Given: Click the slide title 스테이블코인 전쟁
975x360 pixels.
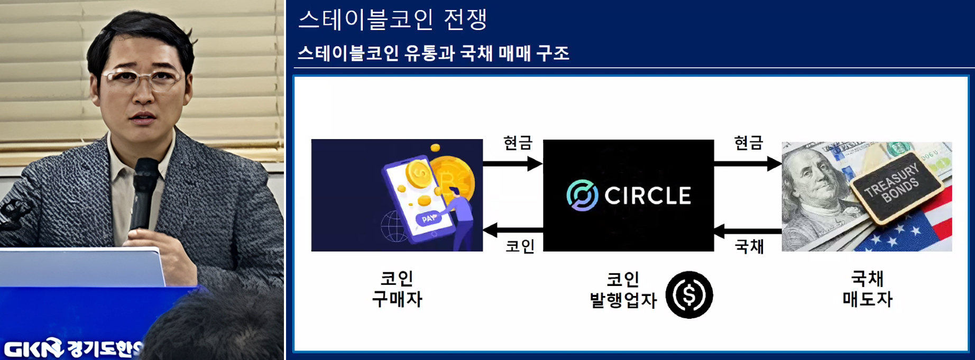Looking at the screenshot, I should [392, 20].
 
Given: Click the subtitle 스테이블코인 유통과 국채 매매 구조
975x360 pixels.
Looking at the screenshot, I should [433, 53].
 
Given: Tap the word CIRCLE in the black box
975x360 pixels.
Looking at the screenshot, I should [648, 196].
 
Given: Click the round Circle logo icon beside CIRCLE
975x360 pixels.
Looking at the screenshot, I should [582, 195].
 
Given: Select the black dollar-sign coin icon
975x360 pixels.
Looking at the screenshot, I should [689, 295].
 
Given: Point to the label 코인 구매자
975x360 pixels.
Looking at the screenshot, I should [397, 289].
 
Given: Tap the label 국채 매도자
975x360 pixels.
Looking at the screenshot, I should [867, 289].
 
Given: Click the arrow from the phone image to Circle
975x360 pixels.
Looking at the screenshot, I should [512, 164].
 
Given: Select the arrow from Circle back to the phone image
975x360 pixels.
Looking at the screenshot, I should [512, 230].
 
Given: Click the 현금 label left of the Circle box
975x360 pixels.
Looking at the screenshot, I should [517, 143].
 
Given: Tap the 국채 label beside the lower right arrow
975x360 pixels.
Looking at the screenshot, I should [749, 247].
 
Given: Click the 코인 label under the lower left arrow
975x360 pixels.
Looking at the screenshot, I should [520, 247].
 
